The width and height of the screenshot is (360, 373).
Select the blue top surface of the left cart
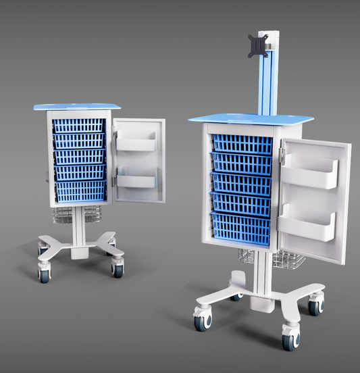[x=78, y=107]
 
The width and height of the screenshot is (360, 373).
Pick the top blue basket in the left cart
[x=80, y=126]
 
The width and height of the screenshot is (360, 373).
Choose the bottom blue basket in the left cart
[x=80, y=191]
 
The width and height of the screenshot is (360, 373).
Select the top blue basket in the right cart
[x=242, y=144]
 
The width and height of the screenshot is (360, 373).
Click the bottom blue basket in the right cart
[x=240, y=228]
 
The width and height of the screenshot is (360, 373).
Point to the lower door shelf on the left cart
[x=137, y=180]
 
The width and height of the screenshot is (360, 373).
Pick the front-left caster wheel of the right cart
[x=201, y=320]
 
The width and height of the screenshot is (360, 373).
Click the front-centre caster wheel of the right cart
[x=288, y=339]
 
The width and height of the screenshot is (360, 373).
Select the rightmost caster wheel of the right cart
[x=315, y=305]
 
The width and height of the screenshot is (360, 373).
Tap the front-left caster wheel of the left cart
[x=45, y=274]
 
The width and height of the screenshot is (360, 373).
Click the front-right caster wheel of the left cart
[x=118, y=270]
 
